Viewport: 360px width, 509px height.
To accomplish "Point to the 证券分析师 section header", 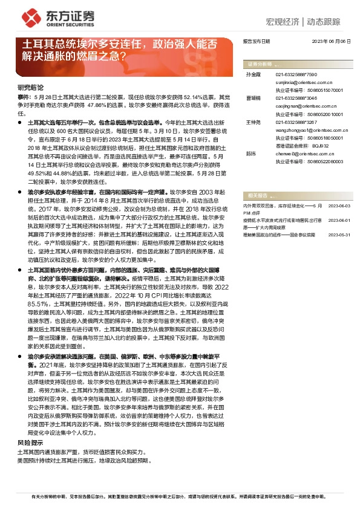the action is (257, 63).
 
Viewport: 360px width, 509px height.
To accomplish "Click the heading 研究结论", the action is (30, 87).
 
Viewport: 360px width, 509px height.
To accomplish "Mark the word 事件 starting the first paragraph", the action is (24, 96).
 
